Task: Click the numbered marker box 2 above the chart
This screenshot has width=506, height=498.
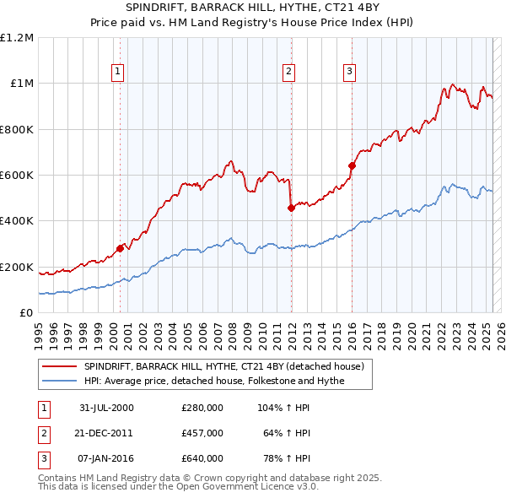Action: tap(288, 72)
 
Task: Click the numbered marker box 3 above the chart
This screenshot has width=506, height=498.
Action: tap(348, 72)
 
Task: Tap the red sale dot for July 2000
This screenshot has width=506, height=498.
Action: tap(121, 248)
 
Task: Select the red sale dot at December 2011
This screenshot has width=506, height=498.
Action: tap(291, 208)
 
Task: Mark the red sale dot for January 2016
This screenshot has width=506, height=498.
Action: tap(352, 165)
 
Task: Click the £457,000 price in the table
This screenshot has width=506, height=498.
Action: tap(202, 433)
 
